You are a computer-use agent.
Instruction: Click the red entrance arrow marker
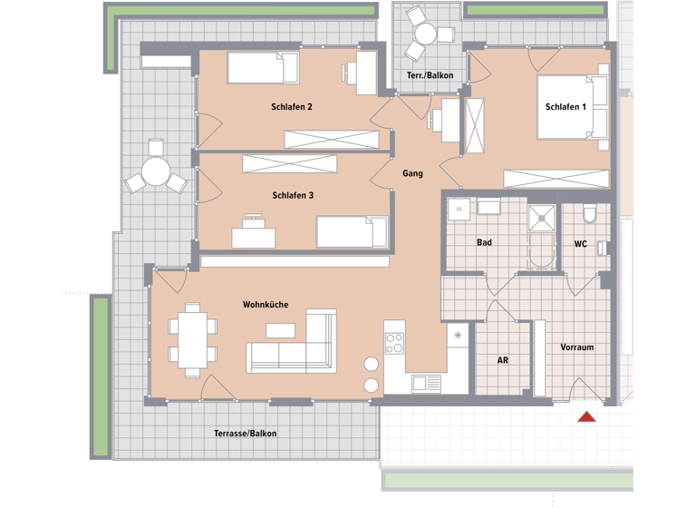click(587, 416)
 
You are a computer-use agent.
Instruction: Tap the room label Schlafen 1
click(565, 107)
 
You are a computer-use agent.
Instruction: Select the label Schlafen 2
click(292, 107)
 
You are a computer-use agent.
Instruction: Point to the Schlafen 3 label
click(292, 195)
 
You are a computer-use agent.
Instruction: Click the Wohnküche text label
click(265, 305)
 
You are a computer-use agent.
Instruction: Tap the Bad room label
click(485, 243)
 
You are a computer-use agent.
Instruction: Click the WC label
click(581, 244)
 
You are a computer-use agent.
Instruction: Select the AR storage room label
click(502, 360)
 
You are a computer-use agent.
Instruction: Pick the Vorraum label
click(576, 347)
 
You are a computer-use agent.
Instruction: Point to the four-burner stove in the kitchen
click(395, 343)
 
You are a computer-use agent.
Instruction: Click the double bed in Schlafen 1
click(572, 107)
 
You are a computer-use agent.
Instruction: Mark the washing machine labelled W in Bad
click(459, 210)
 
